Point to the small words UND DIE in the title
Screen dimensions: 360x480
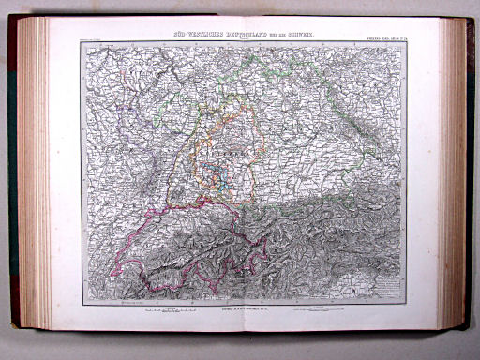[x=284, y=35]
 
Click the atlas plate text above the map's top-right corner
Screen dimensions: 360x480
[x=392, y=37]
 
